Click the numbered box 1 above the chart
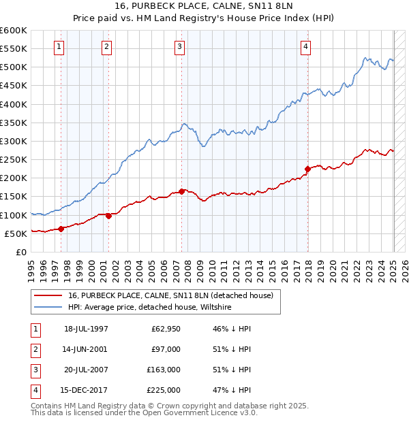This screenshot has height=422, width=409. click(x=59, y=47)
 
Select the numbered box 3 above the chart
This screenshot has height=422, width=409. click(x=179, y=47)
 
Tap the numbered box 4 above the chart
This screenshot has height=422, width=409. click(x=306, y=47)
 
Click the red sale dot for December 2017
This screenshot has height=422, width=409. click(x=307, y=169)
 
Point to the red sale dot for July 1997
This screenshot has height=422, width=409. click(x=61, y=229)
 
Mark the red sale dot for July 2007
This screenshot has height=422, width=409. click(x=182, y=191)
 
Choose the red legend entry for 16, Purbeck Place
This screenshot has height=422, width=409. click(x=170, y=295)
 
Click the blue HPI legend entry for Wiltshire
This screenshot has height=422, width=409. click(x=150, y=308)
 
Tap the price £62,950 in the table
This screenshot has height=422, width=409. click(x=164, y=329)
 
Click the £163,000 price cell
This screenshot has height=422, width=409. click(x=164, y=370)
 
